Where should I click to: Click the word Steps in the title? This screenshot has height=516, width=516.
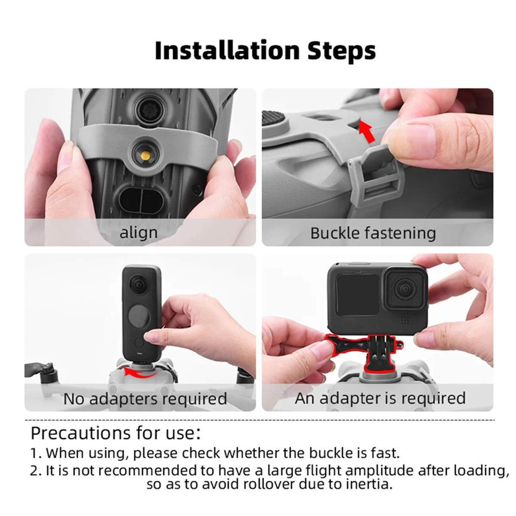pyautogui.click(x=341, y=51)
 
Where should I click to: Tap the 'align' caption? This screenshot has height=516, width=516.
pyautogui.click(x=138, y=233)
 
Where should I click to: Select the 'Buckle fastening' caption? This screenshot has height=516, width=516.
pyautogui.click(x=373, y=233)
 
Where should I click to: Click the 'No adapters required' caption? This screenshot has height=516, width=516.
pyautogui.click(x=145, y=399)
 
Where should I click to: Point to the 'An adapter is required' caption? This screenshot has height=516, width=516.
pyautogui.click(x=380, y=398)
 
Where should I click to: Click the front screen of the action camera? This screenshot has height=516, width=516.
pyautogui.click(x=357, y=294)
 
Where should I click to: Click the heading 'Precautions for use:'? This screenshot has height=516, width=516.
pyautogui.click(x=115, y=433)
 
